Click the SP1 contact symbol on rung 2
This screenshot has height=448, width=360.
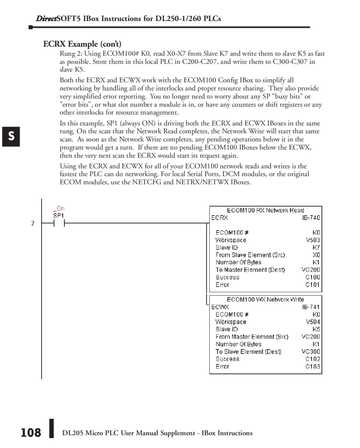[x=59, y=223]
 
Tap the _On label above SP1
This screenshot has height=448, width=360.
[x=58, y=209]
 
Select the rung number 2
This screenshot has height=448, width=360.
[x=33, y=223]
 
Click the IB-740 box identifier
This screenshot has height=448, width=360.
[x=311, y=218]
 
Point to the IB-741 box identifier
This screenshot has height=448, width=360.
[x=311, y=307]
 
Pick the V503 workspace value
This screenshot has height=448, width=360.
[x=313, y=240]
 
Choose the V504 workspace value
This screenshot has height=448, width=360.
[x=313, y=322]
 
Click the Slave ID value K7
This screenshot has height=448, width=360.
[x=316, y=247]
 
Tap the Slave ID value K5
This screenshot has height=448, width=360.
[x=316, y=329]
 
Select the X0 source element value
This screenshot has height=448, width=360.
[x=316, y=255]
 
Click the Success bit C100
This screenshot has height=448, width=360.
[x=313, y=277]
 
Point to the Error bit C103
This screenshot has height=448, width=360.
[x=313, y=366]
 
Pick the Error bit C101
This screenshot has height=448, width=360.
[x=313, y=285]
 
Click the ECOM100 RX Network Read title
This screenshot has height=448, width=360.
[x=266, y=210]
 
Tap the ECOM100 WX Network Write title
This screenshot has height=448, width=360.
[x=266, y=299]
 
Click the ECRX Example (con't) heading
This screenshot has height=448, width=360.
[x=82, y=44]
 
